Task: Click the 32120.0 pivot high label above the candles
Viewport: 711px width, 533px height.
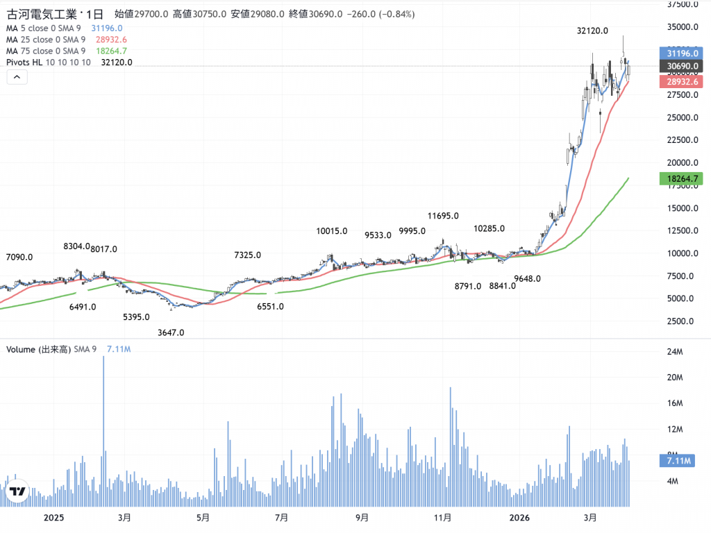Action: coord(593,31)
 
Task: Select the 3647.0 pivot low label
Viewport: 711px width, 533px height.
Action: coord(171,332)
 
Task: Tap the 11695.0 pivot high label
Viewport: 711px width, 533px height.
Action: coord(445,216)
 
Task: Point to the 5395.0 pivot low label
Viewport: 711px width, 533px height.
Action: coord(136,316)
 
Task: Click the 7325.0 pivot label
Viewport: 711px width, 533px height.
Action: coord(247,255)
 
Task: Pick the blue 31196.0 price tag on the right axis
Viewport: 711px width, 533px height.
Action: coord(681,53)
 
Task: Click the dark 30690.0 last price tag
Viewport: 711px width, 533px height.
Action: coord(681,67)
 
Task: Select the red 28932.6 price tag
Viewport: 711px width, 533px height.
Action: coord(681,82)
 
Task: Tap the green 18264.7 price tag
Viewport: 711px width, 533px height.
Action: coord(681,179)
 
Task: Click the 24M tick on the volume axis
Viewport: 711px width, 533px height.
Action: coord(675,352)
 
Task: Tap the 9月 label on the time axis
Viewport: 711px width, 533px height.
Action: coord(362,518)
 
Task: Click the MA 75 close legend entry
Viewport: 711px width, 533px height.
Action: coord(46,51)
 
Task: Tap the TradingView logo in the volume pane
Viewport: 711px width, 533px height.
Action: coord(17,492)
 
